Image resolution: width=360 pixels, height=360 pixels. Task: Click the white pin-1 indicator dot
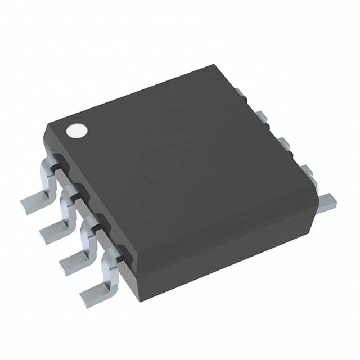(x=77, y=131)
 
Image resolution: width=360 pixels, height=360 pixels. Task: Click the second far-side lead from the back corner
(x=261, y=116)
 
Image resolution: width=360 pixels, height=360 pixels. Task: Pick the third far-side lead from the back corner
(x=283, y=142)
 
